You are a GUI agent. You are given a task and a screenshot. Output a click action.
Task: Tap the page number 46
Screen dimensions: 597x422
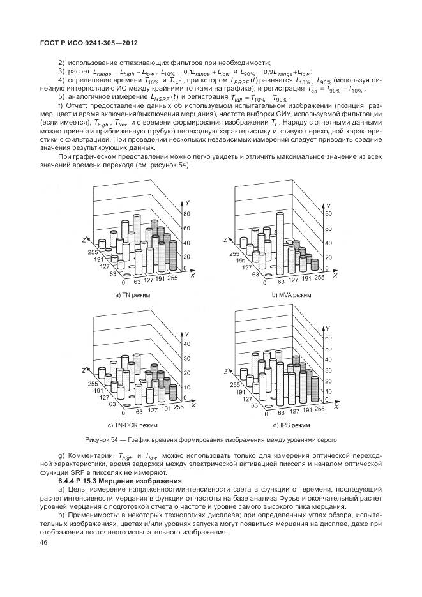click(44, 542)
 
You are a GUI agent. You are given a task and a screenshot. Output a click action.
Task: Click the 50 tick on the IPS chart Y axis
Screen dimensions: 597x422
click(329, 349)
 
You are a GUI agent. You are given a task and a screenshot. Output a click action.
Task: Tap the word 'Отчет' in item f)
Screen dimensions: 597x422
click(75, 105)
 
